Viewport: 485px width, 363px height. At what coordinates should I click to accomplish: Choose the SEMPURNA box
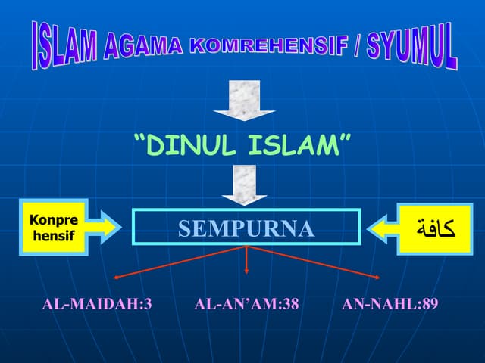(x=246, y=228)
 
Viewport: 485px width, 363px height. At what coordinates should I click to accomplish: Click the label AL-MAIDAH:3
(x=97, y=305)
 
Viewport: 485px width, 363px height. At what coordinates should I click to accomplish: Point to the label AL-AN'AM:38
(x=246, y=305)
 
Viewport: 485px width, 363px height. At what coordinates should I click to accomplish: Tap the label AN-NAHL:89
(x=390, y=305)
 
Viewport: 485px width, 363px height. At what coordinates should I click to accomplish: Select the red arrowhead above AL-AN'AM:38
(x=247, y=271)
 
